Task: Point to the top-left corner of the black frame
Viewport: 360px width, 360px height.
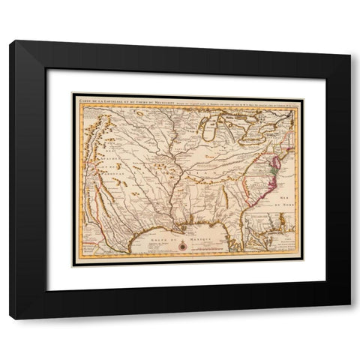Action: pos(10,41)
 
